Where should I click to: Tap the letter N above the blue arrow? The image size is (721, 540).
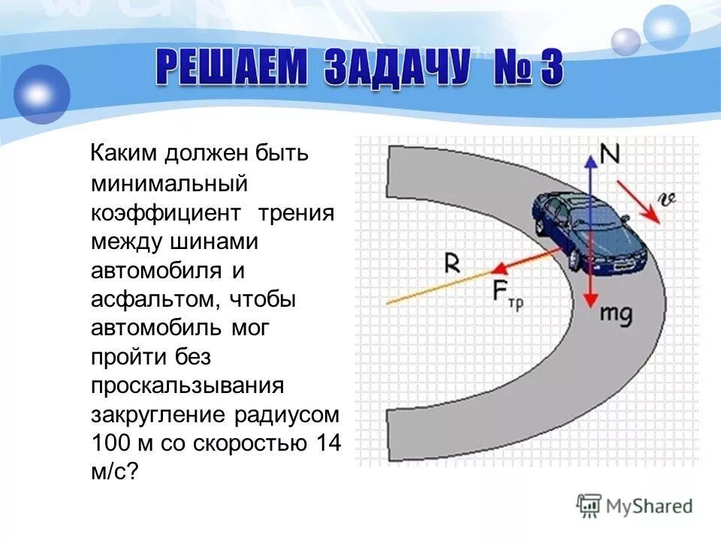611,155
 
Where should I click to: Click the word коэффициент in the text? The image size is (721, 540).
166,213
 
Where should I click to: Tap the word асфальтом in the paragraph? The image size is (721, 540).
150,299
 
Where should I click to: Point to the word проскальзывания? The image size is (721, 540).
187,385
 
